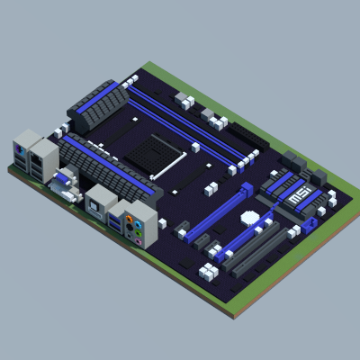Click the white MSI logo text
(x=299, y=195)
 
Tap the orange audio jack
(x=129, y=219)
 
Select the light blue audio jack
(x=138, y=225)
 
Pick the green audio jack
(x=138, y=233)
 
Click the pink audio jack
(x=138, y=241)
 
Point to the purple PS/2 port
(x=18, y=148)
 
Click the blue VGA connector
(x=62, y=180)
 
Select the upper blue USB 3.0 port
(x=115, y=219)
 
